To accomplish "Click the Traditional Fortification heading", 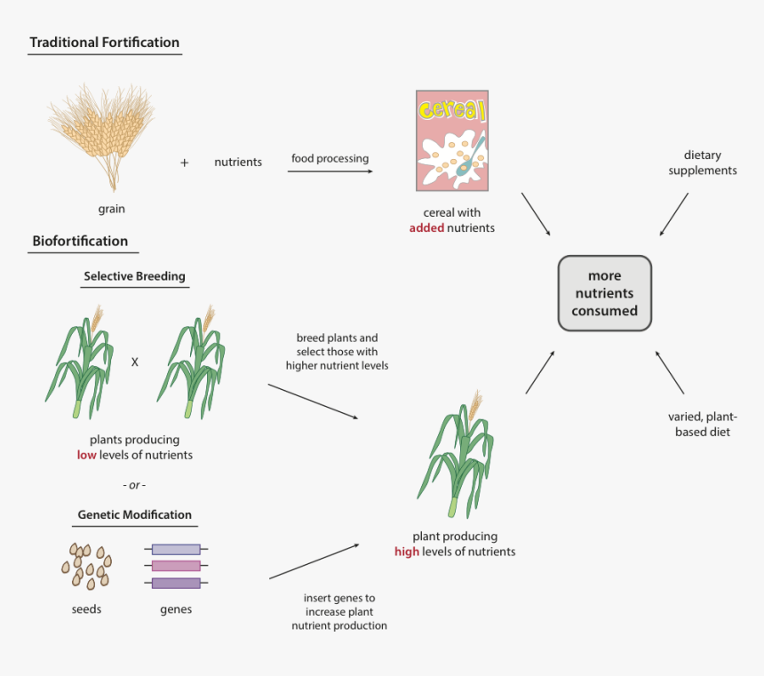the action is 104,43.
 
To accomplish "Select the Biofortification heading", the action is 80,241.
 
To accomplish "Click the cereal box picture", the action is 451,140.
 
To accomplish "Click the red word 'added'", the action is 426,227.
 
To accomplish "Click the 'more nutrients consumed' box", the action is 604,293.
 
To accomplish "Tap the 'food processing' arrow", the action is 330,171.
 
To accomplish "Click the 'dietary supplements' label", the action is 702,163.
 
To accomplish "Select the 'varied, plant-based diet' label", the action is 700,425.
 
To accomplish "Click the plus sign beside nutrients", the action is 185,163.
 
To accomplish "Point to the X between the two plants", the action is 135,362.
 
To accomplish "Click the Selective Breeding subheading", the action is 134,276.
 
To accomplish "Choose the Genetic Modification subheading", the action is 134,514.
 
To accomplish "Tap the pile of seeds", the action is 86,566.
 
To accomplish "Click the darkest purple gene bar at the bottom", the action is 176,584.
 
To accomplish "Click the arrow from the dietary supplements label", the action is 674,214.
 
